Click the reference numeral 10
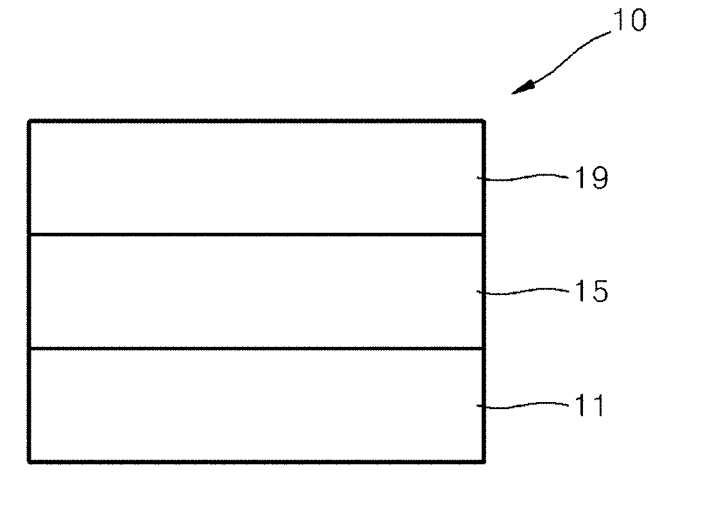pos(628,21)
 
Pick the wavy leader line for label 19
pos(523,177)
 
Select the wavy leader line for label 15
pos(523,291)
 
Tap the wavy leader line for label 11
pos(523,405)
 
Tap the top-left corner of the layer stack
pos(29,121)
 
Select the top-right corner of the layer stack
pos(483,121)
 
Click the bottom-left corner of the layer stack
pos(29,460)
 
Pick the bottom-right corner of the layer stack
pos(483,460)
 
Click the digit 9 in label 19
pos(598,178)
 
